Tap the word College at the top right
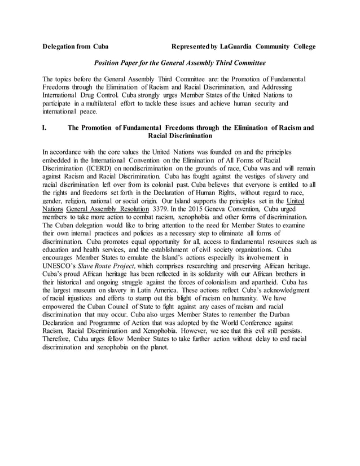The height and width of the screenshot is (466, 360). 301,46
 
